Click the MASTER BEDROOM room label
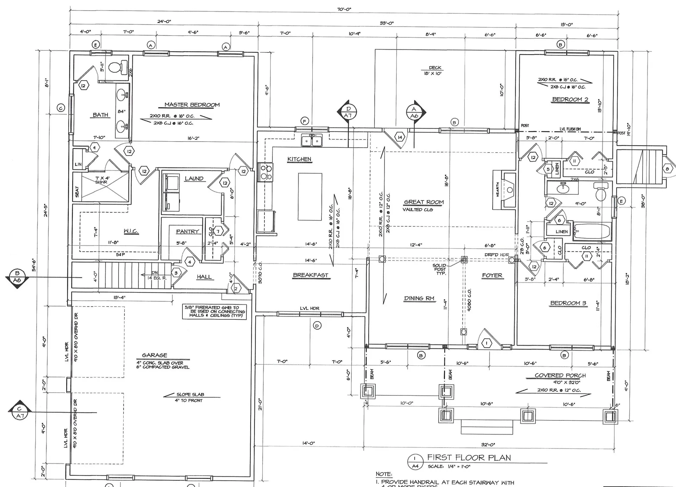[x=192, y=105]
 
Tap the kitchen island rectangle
[x=310, y=196]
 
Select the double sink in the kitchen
[x=312, y=141]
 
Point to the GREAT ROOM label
[x=424, y=202]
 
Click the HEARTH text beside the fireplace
[x=497, y=189]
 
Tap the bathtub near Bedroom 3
[x=591, y=231]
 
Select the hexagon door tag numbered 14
[x=400, y=137]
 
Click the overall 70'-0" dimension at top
[x=344, y=9]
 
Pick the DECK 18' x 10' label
[x=435, y=70]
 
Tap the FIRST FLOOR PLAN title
[x=469, y=457]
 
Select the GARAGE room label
[x=155, y=355]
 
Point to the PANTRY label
[x=187, y=231]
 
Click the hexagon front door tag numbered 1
[x=487, y=343]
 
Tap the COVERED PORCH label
[x=560, y=375]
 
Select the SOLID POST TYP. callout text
[x=440, y=269]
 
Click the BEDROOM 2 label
[x=570, y=99]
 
